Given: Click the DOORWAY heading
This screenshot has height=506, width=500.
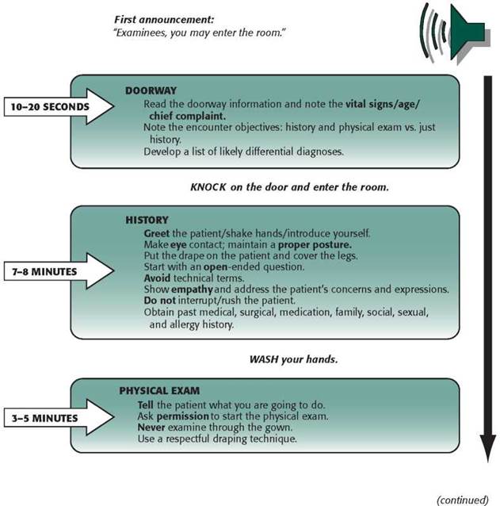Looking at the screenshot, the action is [x=151, y=90].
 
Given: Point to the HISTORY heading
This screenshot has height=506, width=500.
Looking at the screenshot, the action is [x=147, y=220].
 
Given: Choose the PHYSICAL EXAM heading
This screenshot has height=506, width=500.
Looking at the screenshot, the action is [x=159, y=391].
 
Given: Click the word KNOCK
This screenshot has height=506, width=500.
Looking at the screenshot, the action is [x=208, y=187].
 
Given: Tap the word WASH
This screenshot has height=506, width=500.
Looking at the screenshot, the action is [x=264, y=359].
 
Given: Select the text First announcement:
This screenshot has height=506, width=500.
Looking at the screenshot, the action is [x=164, y=20].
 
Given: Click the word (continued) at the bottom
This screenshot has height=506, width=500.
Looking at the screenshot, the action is [x=463, y=500].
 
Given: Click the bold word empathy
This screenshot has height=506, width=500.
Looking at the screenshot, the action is [x=192, y=289].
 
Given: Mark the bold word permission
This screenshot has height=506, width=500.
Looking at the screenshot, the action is [x=183, y=416].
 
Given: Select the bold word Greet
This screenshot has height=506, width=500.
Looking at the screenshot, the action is [x=157, y=233].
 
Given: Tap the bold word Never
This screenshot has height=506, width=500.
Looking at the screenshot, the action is [x=151, y=427].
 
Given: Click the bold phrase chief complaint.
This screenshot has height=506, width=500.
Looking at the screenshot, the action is [x=187, y=116].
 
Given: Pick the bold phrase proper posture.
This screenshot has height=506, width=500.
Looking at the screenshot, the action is [x=315, y=245].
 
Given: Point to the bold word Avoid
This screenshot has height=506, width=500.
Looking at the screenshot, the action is [x=157, y=278].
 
